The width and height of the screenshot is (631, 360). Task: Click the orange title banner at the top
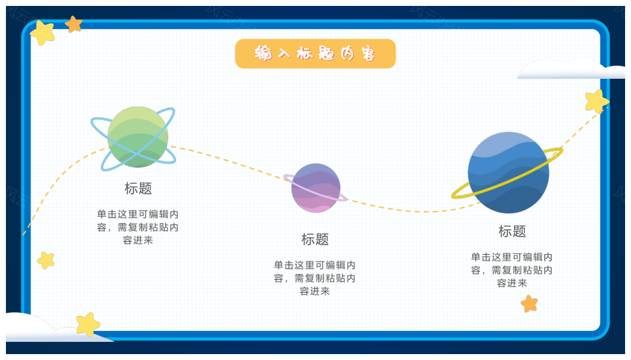pos(315,53)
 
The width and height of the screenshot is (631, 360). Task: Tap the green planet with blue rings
pos(137,137)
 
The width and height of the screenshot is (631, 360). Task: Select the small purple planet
pos(316,188)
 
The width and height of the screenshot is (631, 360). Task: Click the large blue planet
pos(508,173)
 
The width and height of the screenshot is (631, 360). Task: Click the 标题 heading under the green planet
pos(138,189)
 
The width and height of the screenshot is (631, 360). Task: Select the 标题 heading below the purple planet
pos(315,239)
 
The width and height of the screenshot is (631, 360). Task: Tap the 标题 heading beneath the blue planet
pos(512,231)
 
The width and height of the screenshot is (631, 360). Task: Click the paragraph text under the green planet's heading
pos(137,227)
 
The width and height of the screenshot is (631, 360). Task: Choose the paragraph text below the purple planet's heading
pos(315,278)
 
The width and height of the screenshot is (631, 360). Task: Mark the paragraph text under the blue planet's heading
pos(512,270)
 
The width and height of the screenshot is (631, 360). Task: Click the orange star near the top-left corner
pos(74,24)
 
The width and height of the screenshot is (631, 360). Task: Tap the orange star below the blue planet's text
pos(529,304)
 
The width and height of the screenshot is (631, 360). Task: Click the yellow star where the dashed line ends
pos(596,101)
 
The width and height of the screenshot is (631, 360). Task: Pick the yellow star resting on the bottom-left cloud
pos(88,325)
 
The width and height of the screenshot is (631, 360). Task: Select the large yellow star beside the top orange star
pos(43,33)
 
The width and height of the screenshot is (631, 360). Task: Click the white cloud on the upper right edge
pos(571,69)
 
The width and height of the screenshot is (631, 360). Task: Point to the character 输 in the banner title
pos(263,53)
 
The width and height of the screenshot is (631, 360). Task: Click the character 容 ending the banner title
pos(368,53)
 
